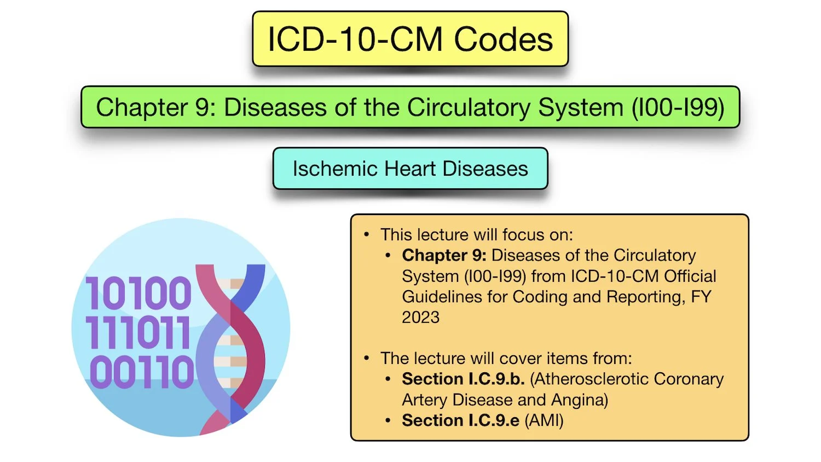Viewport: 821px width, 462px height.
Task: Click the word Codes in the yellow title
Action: tap(504, 40)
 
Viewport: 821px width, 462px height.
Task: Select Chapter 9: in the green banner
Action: tap(156, 107)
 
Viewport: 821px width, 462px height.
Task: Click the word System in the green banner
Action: tap(581, 107)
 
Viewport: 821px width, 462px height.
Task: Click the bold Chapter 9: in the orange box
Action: tap(444, 255)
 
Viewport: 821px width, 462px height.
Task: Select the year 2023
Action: tap(420, 317)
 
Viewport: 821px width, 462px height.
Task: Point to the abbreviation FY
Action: tap(701, 297)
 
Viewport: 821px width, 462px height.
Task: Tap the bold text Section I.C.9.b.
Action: tap(463, 379)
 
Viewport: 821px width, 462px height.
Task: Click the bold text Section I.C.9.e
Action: tap(460, 420)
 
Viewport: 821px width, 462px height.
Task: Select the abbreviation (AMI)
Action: tap(544, 420)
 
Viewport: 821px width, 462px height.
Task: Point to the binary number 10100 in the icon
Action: tap(138, 293)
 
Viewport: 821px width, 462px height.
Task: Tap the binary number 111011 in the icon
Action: tap(138, 332)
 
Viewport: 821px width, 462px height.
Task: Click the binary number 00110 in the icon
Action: tap(142, 372)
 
